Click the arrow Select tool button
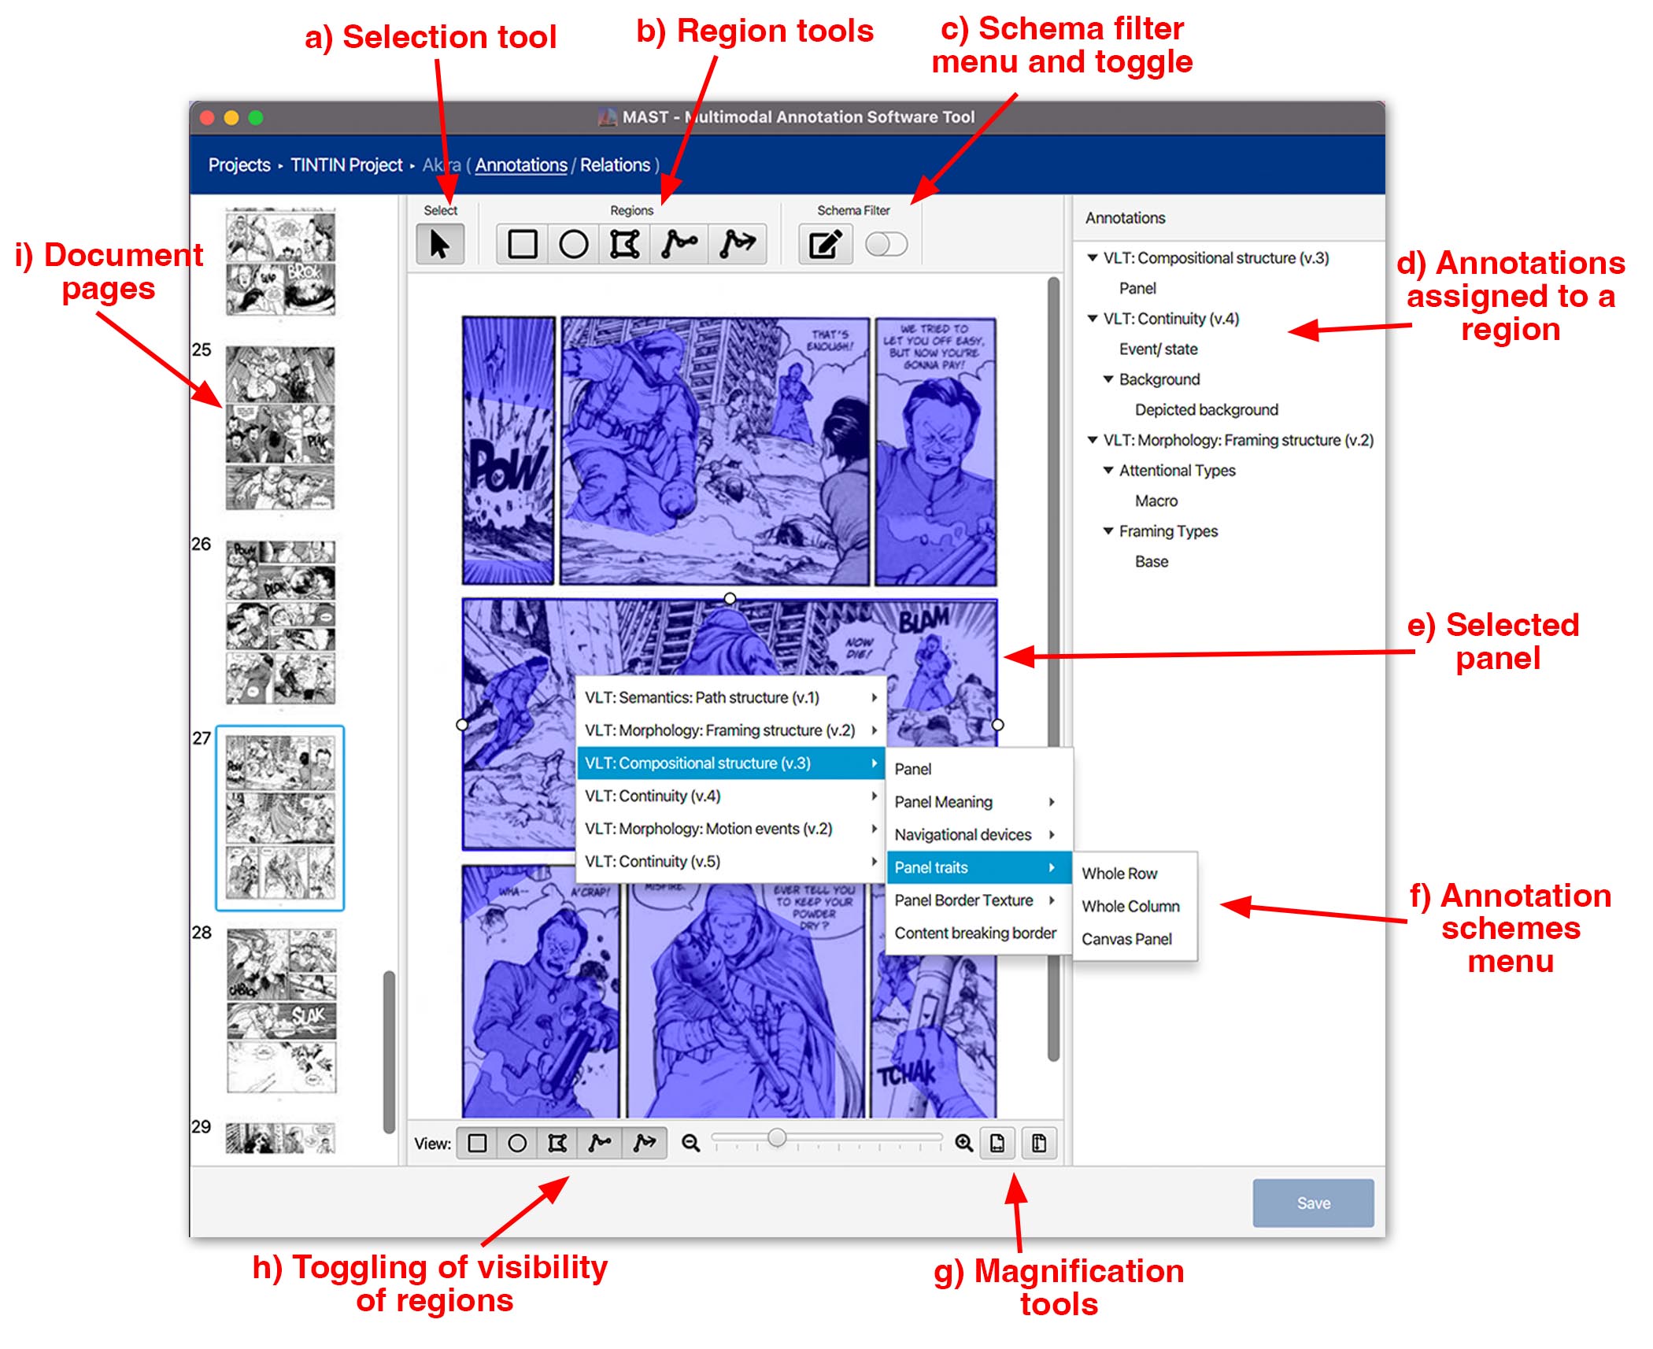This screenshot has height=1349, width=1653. pyautogui.click(x=440, y=245)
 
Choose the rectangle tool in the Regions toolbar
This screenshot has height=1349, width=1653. pyautogui.click(x=522, y=245)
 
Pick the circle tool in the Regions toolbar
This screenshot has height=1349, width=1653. pyautogui.click(x=573, y=245)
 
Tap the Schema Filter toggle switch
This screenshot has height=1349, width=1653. pyautogui.click(x=886, y=245)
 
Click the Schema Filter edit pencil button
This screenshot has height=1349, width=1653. pyautogui.click(x=824, y=245)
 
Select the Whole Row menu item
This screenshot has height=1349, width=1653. pyautogui.click(x=1119, y=874)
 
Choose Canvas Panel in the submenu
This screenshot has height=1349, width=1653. pyautogui.click(x=1126, y=939)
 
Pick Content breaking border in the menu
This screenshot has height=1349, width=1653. pyautogui.click(x=974, y=933)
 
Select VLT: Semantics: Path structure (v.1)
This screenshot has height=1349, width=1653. pyautogui.click(x=702, y=697)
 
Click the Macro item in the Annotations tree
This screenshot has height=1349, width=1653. pyautogui.click(x=1156, y=501)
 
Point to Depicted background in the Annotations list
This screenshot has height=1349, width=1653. pyautogui.click(x=1206, y=409)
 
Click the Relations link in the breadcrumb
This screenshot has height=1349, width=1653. pyautogui.click(x=615, y=165)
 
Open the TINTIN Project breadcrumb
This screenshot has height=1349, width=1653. pyautogui.click(x=346, y=165)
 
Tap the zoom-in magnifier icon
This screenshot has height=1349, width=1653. pyautogui.click(x=963, y=1143)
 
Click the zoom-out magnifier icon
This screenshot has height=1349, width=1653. pyautogui.click(x=690, y=1143)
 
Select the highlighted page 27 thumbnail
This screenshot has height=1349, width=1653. pyautogui.click(x=280, y=818)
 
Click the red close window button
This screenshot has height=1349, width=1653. pyautogui.click(x=208, y=118)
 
